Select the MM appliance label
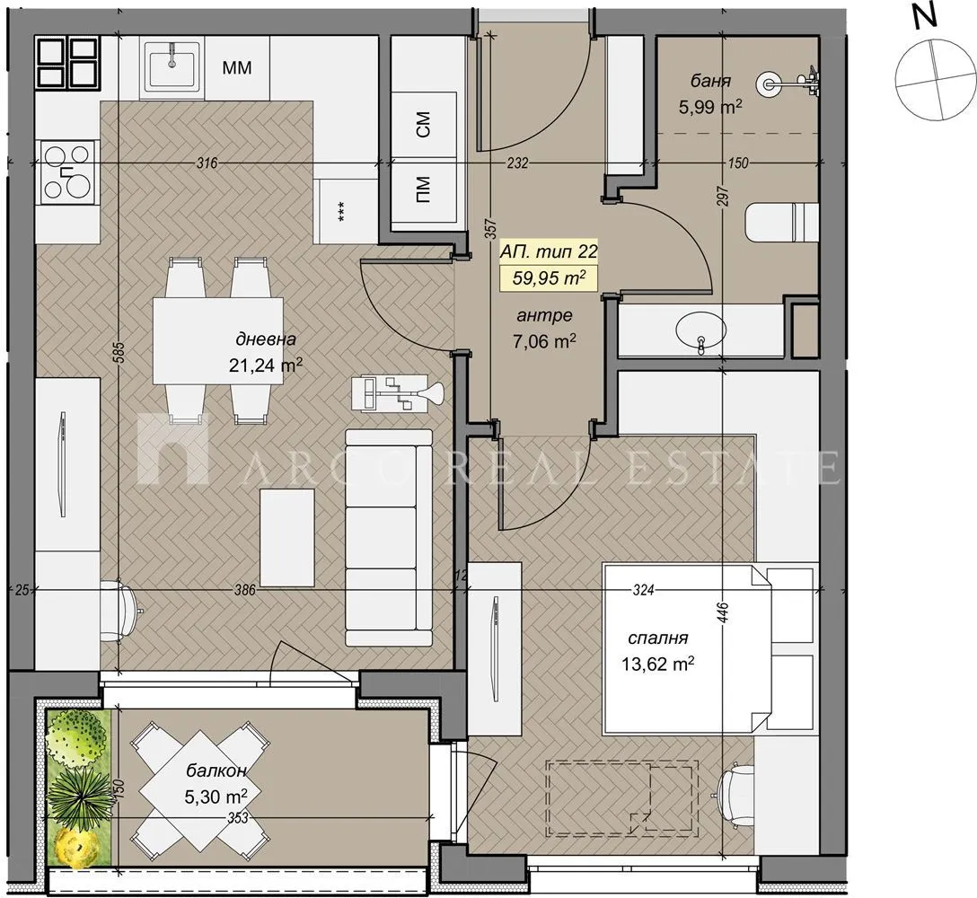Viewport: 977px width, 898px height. pyautogui.click(x=236, y=67)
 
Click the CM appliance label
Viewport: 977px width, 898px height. pyautogui.click(x=424, y=126)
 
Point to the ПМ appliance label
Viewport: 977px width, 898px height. pyautogui.click(x=424, y=190)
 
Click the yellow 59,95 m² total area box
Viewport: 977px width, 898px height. pyautogui.click(x=548, y=277)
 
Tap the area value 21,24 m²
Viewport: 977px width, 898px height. pyautogui.click(x=266, y=365)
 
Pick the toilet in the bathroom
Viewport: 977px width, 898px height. pyautogui.click(x=781, y=222)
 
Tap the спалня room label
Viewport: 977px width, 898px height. pyautogui.click(x=657, y=638)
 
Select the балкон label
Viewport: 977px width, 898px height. pyautogui.click(x=216, y=770)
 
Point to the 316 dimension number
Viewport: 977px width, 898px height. pyautogui.click(x=207, y=163)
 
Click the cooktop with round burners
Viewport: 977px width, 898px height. pyautogui.click(x=68, y=171)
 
